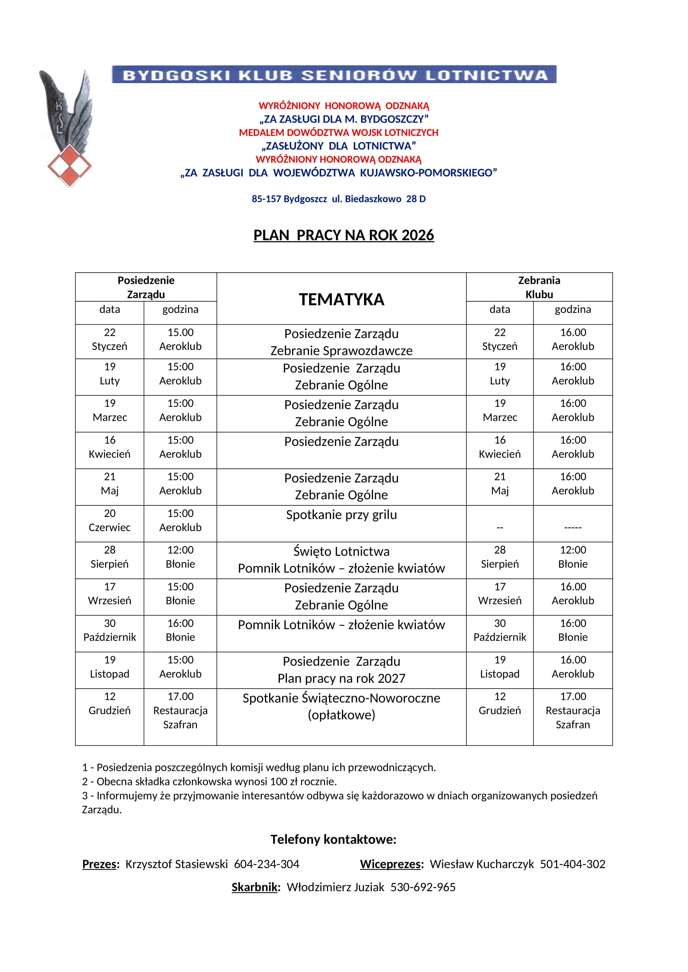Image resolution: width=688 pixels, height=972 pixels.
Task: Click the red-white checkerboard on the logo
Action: point(69,165)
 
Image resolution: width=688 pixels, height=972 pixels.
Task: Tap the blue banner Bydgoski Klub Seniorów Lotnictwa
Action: point(334,75)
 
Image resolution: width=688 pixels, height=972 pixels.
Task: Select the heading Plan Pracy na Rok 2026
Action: point(344,235)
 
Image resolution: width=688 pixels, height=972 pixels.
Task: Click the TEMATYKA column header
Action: point(342,299)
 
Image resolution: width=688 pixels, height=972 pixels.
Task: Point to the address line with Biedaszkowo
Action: point(339,199)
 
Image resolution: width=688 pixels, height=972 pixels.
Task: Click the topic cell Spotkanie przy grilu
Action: point(342,515)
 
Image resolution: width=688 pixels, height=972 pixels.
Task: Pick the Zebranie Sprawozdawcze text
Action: point(342,351)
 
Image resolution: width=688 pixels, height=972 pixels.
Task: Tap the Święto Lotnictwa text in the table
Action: point(342,551)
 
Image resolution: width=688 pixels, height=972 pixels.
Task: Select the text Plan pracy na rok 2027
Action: point(342,678)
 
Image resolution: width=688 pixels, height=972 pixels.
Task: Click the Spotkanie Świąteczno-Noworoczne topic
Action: point(342,698)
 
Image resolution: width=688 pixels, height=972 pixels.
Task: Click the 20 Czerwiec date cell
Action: point(110,520)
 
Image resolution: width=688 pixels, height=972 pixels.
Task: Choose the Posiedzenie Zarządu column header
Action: point(146,287)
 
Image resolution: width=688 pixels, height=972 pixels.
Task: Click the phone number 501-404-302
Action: point(572,864)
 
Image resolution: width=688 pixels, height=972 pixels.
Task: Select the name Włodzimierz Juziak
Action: point(336,887)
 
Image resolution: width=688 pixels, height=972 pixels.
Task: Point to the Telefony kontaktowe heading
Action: point(334,839)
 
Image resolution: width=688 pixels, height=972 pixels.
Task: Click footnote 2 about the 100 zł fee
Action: point(209,782)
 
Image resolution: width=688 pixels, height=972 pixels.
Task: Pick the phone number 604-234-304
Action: point(267,864)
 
